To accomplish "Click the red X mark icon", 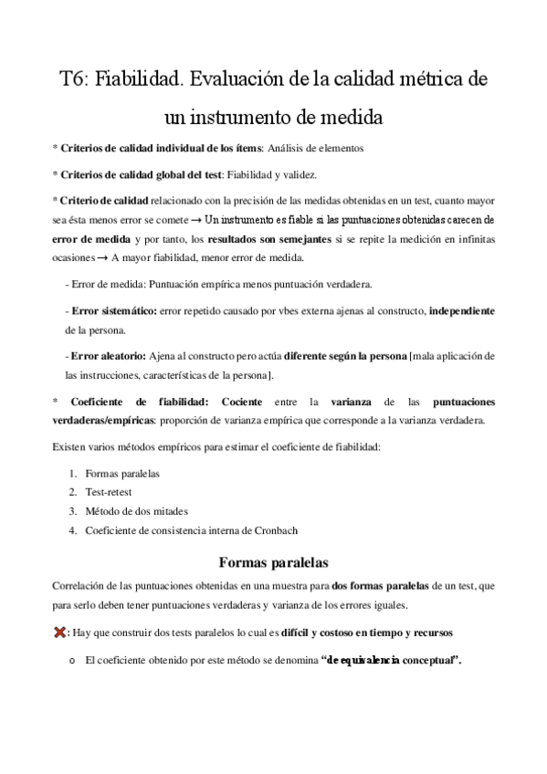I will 60,632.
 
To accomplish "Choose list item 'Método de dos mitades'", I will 135,510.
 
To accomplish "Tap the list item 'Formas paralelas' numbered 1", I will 121,474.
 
